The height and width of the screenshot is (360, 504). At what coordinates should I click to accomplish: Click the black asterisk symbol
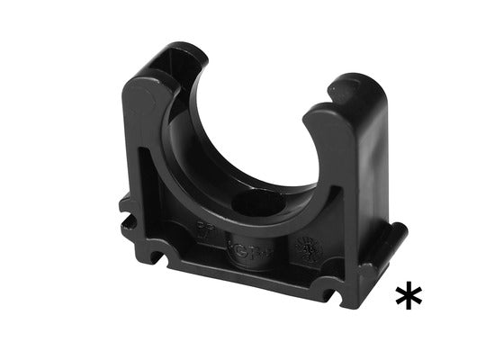pyautogui.click(x=409, y=294)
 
